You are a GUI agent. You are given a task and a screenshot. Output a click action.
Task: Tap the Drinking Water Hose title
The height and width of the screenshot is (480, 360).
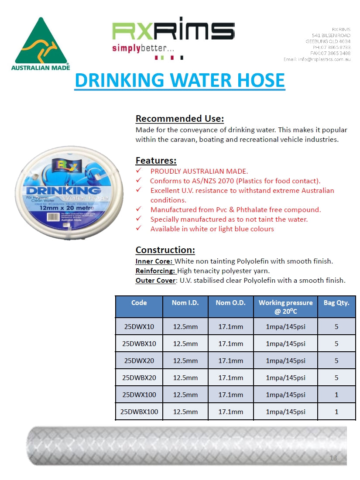(x=179, y=81)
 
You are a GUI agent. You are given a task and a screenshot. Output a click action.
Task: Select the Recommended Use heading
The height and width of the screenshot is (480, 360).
(x=179, y=118)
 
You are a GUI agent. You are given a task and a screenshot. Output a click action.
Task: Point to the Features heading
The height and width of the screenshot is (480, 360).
(x=156, y=160)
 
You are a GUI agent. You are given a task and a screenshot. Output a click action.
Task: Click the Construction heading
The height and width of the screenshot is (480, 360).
(x=165, y=250)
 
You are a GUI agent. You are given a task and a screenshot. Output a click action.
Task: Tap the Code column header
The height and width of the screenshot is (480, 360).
(x=139, y=302)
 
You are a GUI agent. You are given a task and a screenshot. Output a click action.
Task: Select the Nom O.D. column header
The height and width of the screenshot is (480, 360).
(x=230, y=302)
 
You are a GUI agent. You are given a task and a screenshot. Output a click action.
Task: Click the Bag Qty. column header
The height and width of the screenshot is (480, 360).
(x=336, y=302)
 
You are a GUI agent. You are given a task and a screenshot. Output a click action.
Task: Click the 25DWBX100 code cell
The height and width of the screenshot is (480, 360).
(x=139, y=411)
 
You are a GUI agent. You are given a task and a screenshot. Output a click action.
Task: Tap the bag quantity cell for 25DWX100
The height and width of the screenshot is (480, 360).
(x=336, y=394)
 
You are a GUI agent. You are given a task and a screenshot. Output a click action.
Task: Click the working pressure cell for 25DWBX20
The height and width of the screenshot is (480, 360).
(x=285, y=377)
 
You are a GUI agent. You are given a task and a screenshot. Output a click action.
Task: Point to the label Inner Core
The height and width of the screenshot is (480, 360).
(x=154, y=261)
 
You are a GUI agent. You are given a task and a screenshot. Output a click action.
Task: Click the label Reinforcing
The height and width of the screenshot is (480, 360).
(x=155, y=271)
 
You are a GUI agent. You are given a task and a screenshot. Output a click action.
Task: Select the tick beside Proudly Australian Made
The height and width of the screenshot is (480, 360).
(x=139, y=171)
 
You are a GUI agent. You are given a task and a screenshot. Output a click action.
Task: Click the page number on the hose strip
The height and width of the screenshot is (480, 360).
(x=333, y=458)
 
